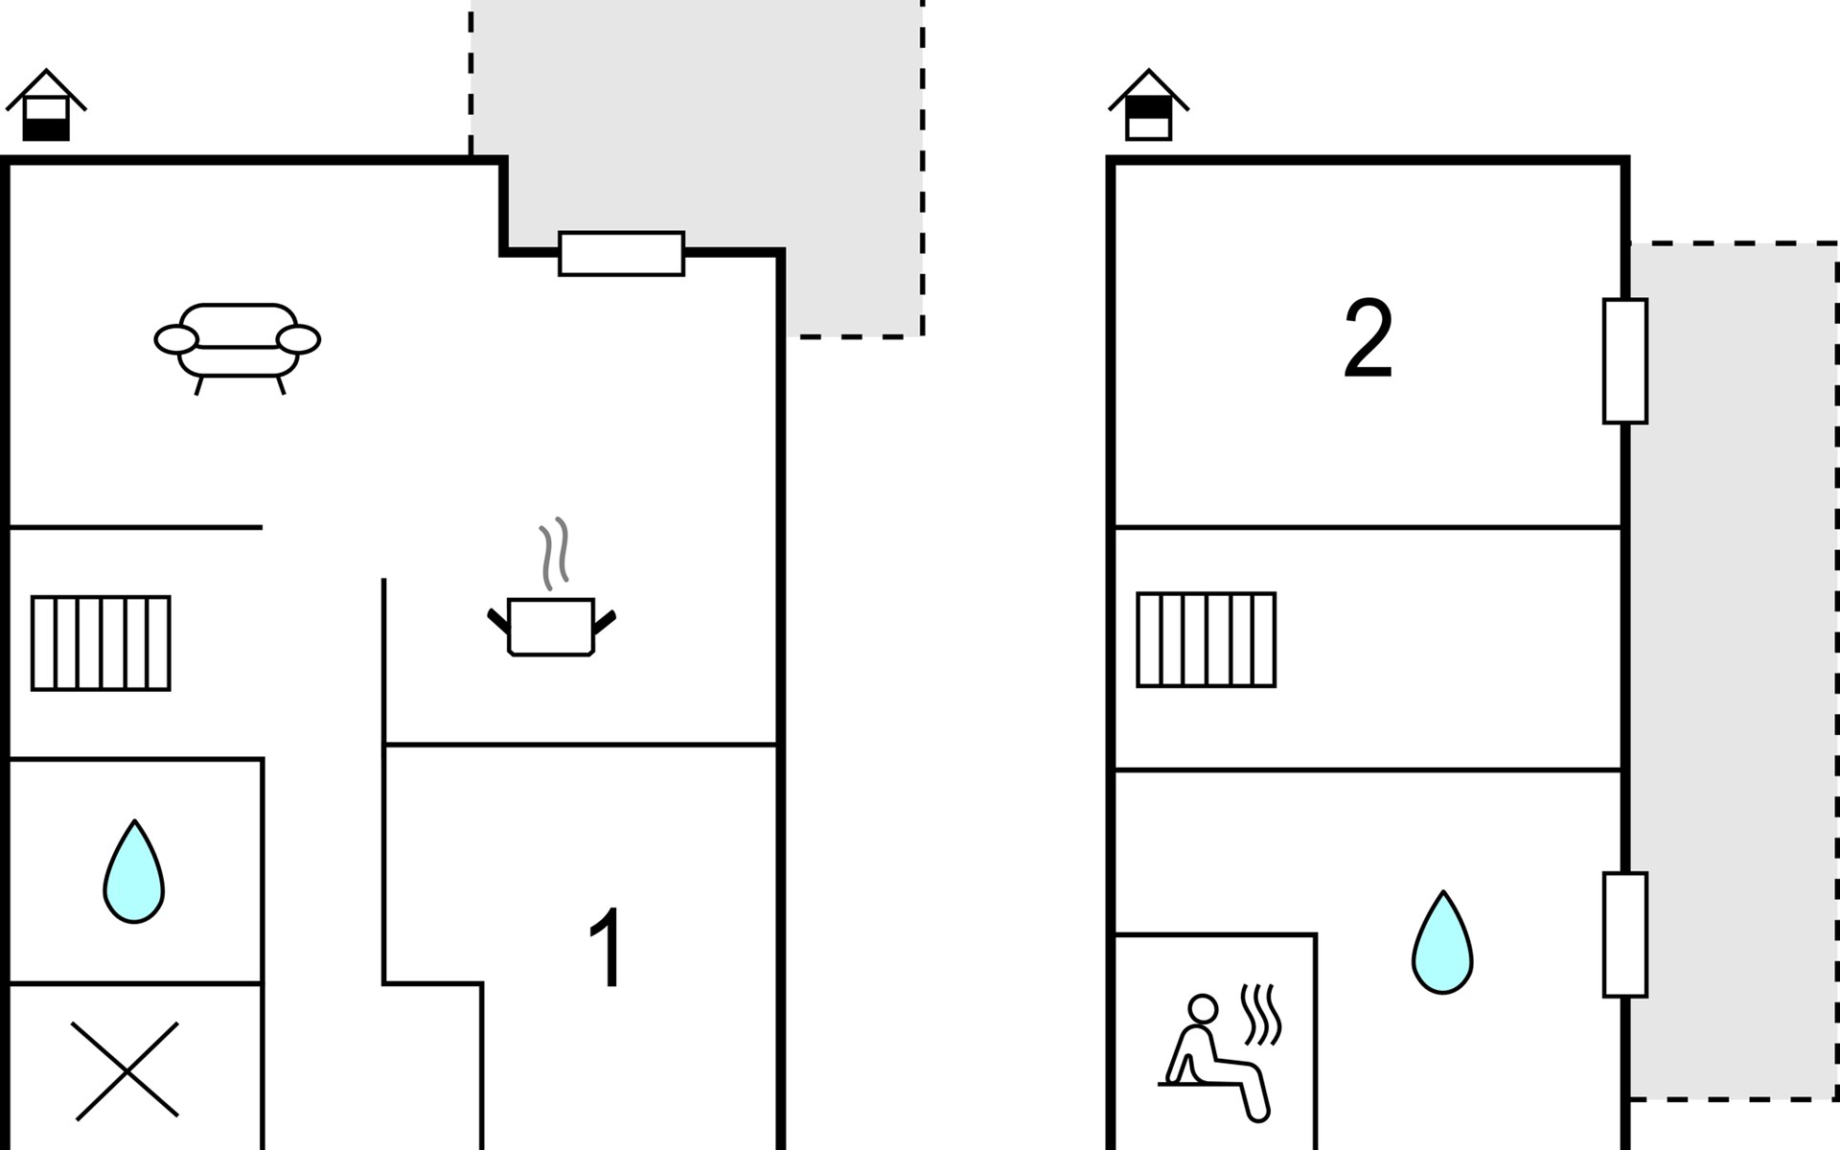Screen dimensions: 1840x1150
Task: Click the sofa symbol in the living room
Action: click(237, 348)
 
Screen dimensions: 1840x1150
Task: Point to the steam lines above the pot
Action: click(554, 554)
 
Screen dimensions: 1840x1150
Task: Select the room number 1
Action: click(607, 948)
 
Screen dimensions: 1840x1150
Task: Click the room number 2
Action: click(1368, 338)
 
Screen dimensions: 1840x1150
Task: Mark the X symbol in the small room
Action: click(126, 1070)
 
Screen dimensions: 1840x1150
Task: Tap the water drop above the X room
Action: click(134, 871)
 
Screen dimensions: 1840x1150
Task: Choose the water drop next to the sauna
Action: click(1442, 942)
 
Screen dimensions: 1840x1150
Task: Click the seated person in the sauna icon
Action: click(1214, 1059)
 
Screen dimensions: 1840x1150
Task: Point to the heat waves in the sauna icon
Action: click(1261, 1015)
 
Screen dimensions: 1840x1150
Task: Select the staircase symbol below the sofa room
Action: click(101, 643)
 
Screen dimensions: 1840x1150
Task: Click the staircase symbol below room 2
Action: click(1207, 640)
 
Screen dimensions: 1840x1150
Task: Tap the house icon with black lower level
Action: click(46, 105)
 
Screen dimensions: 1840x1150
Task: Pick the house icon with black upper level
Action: click(1149, 105)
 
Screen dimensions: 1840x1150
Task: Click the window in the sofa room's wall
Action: click(622, 254)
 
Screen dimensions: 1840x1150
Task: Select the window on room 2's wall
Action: click(1625, 361)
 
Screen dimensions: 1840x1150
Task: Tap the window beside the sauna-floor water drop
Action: click(1625, 934)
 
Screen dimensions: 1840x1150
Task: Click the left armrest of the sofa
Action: click(176, 339)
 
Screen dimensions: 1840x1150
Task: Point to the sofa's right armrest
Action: click(298, 339)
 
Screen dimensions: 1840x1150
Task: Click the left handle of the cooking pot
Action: click(498, 620)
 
